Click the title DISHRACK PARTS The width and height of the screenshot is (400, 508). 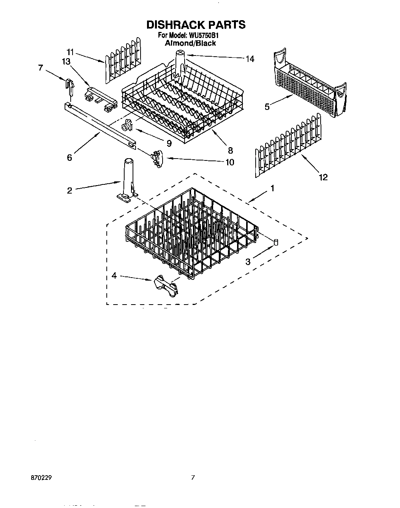click(x=196, y=25)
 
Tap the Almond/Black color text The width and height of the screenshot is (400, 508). click(x=190, y=43)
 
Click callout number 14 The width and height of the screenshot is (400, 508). click(x=250, y=59)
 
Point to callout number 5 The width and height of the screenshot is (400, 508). click(x=267, y=107)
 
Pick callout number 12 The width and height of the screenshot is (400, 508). click(x=323, y=177)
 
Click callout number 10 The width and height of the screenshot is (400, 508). click(x=229, y=162)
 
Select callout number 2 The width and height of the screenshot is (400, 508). click(x=70, y=190)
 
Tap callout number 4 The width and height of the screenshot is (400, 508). click(x=114, y=276)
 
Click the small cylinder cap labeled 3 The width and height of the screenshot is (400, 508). click(x=276, y=241)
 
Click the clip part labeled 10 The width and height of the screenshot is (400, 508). click(x=157, y=157)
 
